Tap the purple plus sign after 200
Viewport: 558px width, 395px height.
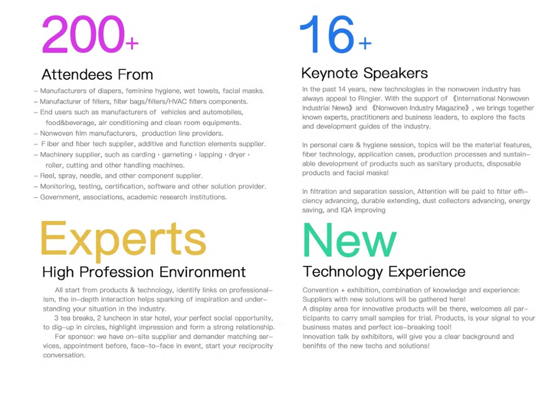[x=132, y=44]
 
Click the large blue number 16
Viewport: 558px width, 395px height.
[x=328, y=34]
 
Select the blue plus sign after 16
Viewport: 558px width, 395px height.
[x=365, y=44]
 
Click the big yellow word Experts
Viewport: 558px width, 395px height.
[x=123, y=239]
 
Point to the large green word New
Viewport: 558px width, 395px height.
[x=350, y=240]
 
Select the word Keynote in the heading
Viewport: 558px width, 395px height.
[x=330, y=73]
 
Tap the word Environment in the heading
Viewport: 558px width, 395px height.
[x=203, y=272]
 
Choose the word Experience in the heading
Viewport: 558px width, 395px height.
[x=427, y=272]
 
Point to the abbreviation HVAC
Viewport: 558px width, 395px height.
[x=177, y=102]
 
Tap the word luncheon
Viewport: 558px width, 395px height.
[x=117, y=318]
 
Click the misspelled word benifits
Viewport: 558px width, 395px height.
[x=313, y=346]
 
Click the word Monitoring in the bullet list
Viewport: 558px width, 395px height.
[x=57, y=186]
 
